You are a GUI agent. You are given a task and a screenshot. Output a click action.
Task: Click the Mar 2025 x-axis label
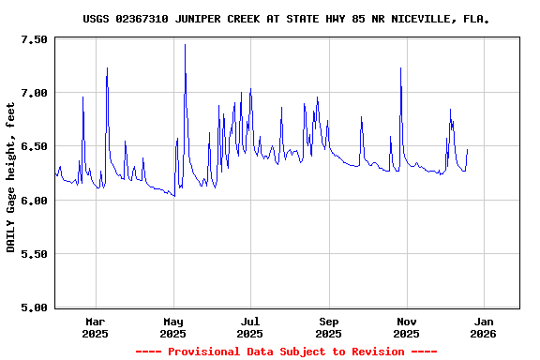coord(95,327)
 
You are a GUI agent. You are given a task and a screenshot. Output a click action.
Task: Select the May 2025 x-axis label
coord(172,327)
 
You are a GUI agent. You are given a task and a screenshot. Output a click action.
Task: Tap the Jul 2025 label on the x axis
coord(250,327)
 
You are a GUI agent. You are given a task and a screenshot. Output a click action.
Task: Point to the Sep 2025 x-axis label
coord(329,327)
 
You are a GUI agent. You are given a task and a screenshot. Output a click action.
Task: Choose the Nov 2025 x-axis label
coord(407,327)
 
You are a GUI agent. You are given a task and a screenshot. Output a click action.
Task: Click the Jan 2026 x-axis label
coord(484,327)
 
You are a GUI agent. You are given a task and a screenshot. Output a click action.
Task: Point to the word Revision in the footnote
coord(373,352)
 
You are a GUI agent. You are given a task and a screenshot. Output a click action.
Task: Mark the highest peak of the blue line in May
coord(185,45)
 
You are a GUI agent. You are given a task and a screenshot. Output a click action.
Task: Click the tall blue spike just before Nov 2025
coord(400,68)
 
